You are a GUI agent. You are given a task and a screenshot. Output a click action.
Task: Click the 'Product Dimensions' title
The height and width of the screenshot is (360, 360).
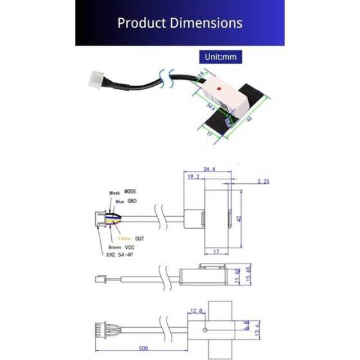(x=179, y=23)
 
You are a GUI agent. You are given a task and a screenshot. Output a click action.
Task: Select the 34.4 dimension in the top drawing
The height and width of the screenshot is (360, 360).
(x=208, y=170)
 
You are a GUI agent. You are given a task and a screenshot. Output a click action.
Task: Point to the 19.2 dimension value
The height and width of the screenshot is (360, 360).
(x=193, y=176)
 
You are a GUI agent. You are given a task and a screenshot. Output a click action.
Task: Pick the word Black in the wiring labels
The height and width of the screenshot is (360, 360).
(x=115, y=193)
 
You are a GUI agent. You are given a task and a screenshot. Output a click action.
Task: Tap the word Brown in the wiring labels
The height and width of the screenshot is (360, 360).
(x=114, y=247)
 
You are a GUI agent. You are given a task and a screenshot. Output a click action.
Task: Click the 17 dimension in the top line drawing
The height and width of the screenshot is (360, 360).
(x=217, y=251)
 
